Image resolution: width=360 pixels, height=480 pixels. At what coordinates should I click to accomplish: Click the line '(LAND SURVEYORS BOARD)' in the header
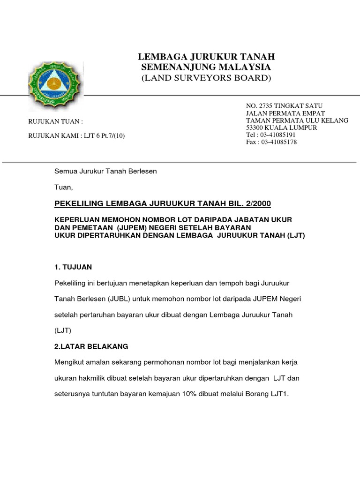[x=206, y=78]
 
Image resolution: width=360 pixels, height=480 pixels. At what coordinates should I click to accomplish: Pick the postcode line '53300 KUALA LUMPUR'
[x=282, y=127]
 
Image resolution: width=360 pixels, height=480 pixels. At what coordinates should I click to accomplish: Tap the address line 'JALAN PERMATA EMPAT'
[x=285, y=113]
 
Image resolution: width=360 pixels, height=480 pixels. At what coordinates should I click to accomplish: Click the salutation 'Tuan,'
[x=64, y=187]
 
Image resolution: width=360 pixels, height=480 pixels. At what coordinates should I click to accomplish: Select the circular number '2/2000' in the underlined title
[x=256, y=203]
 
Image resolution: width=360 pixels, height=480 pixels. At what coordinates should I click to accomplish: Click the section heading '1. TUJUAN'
[x=74, y=267]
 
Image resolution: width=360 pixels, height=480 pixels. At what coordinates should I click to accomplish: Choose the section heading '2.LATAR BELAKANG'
[x=91, y=346]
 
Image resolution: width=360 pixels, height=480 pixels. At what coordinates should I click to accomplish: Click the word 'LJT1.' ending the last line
[x=280, y=394]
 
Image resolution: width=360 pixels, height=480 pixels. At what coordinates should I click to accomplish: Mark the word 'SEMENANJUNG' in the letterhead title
[x=177, y=67]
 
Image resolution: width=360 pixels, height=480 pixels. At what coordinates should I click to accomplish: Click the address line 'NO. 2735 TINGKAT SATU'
[x=285, y=106]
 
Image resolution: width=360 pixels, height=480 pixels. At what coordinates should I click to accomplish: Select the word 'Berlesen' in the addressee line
[x=143, y=172]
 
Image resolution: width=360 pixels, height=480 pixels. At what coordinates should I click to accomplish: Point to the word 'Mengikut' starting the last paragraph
[x=70, y=362]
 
